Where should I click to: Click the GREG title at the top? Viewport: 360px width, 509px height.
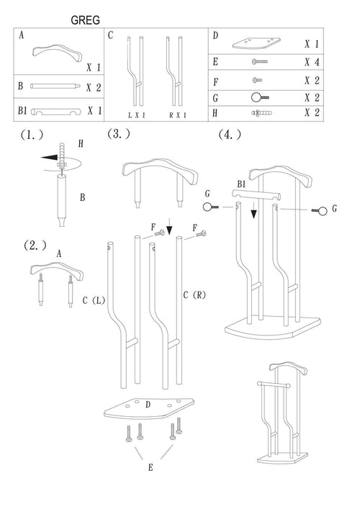(86, 20)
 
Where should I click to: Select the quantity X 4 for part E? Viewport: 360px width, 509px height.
(312, 62)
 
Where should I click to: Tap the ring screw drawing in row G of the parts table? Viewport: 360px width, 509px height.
(260, 97)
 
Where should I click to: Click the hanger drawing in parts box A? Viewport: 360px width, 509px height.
(57, 53)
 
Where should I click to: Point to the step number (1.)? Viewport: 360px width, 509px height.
(32, 135)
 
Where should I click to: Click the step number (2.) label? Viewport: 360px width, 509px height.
(35, 246)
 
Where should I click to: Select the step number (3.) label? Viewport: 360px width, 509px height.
(119, 133)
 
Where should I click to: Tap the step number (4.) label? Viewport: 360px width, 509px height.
(230, 135)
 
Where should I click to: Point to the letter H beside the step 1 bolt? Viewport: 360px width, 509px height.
(81, 143)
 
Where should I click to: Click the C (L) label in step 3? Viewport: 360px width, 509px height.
(94, 300)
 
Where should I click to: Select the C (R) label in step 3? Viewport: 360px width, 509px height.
(194, 295)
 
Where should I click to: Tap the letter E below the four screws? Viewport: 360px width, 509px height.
(150, 467)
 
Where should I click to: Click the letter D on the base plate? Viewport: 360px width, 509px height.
(148, 405)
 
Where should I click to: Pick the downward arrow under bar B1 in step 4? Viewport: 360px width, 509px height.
(253, 210)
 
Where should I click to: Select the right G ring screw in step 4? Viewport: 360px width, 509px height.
(320, 211)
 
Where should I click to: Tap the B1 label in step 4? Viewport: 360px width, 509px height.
(241, 184)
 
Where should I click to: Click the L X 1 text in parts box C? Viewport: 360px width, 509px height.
(136, 115)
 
